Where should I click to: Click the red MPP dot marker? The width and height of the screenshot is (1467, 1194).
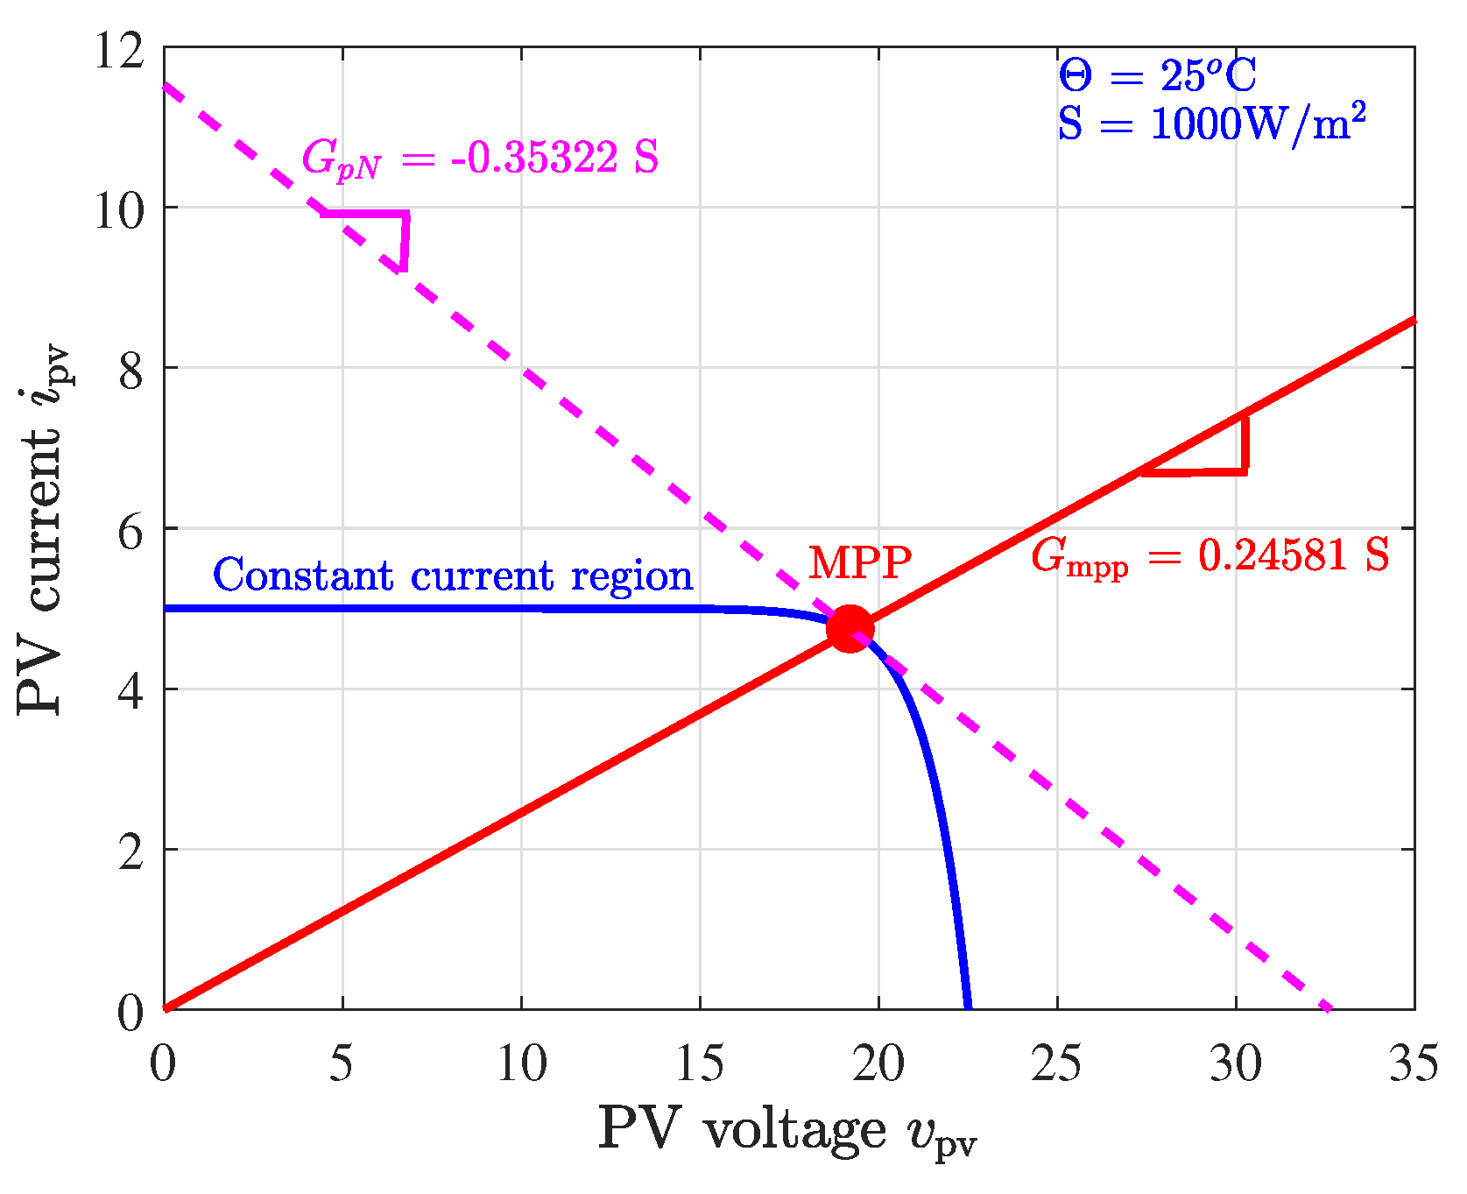[x=850, y=629]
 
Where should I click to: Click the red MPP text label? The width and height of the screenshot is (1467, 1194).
[x=859, y=562]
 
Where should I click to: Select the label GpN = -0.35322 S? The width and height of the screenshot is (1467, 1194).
[x=479, y=159]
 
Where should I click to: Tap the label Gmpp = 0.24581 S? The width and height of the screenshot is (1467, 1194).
[x=1210, y=556]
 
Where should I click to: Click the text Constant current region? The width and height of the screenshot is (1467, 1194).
[x=453, y=576]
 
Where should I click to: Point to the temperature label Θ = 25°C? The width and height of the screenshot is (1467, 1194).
[x=1157, y=76]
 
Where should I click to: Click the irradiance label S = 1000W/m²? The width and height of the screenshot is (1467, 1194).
[x=1211, y=124]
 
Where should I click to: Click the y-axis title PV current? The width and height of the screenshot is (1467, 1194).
[x=44, y=530]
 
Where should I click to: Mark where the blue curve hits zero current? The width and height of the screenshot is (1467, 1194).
[x=968, y=1007]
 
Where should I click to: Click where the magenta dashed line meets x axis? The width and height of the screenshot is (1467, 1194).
[x=1329, y=1008]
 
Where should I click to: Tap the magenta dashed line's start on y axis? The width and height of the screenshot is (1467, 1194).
[x=166, y=86]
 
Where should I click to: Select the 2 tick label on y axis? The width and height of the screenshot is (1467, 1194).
[x=131, y=851]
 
